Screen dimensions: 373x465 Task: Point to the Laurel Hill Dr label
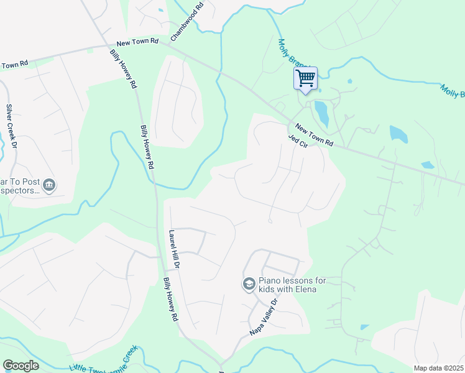tap(175, 249)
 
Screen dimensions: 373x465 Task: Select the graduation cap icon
tap(249, 284)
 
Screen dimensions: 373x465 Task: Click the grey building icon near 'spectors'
tap(50, 185)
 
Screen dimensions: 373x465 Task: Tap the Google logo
tap(21, 366)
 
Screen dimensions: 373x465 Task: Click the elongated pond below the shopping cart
tap(321, 113)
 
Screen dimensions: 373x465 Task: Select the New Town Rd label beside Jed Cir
tap(314, 136)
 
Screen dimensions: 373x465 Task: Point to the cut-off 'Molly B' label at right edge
tap(453, 91)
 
